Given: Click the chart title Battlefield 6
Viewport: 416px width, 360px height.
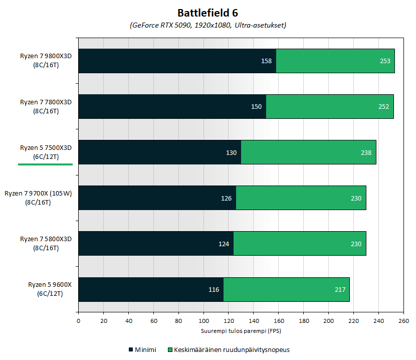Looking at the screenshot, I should click(x=208, y=13).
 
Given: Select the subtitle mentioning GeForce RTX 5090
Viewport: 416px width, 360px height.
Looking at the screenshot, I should click(x=208, y=25).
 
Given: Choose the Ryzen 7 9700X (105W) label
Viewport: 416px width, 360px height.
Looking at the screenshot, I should click(x=39, y=198).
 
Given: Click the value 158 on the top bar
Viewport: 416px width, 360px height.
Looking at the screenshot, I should click(x=266, y=61).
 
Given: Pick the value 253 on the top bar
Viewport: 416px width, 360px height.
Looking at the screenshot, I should click(x=385, y=61).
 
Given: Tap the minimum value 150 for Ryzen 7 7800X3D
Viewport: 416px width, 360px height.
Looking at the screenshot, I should click(x=256, y=107).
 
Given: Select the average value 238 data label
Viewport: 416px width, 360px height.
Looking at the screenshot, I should click(x=366, y=152).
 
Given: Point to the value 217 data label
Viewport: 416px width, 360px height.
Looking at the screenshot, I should click(x=340, y=289).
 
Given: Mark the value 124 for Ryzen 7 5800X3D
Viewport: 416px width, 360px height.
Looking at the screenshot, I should click(x=224, y=244).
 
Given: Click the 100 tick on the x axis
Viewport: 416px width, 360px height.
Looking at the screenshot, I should click(x=203, y=321).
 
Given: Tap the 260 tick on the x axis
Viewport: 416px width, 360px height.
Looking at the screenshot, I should click(x=403, y=321).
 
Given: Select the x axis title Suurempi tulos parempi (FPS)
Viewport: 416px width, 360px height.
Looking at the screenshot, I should click(x=241, y=331).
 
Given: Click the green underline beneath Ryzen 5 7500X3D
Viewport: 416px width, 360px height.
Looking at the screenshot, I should click(x=46, y=164).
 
